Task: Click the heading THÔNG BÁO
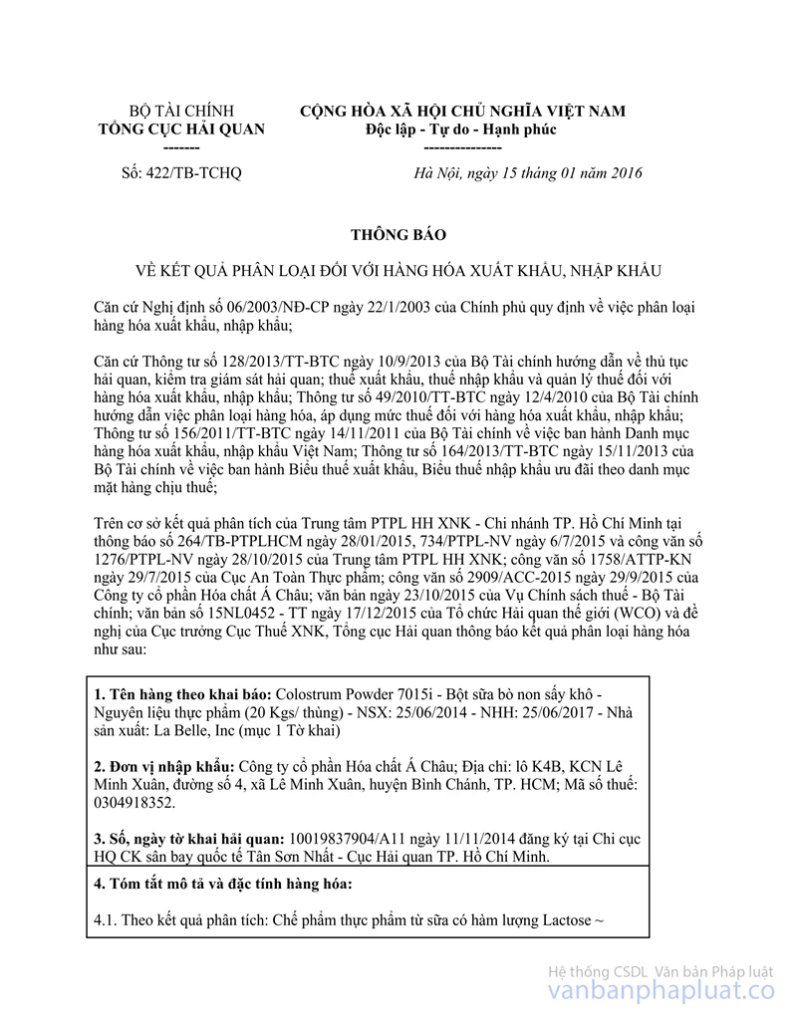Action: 398,235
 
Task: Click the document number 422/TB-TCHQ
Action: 180,173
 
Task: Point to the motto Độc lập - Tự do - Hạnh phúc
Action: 461,129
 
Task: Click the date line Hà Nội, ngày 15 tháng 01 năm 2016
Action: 528,173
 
